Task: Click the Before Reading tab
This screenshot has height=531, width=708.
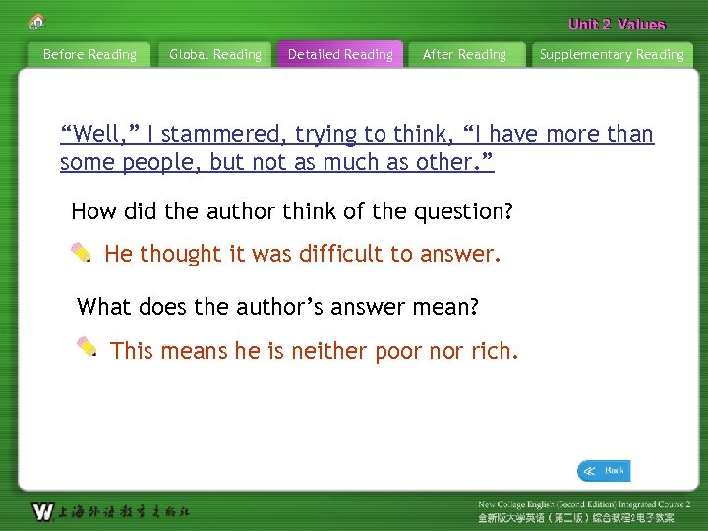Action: pos(89,55)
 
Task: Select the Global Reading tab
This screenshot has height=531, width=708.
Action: pos(215,55)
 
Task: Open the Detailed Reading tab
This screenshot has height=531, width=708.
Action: pos(340,55)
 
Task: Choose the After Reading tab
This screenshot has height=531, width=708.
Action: pos(464,55)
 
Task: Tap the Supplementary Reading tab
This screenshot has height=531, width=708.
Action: pos(612,55)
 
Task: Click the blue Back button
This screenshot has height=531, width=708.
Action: pos(604,471)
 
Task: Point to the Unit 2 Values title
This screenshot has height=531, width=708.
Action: pos(617,25)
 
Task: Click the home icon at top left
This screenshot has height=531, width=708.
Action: pos(37,21)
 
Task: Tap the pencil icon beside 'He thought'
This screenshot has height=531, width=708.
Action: pos(83,253)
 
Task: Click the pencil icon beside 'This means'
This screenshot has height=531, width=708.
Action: pos(88,347)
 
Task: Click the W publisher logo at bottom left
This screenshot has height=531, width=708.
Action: pos(42,511)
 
